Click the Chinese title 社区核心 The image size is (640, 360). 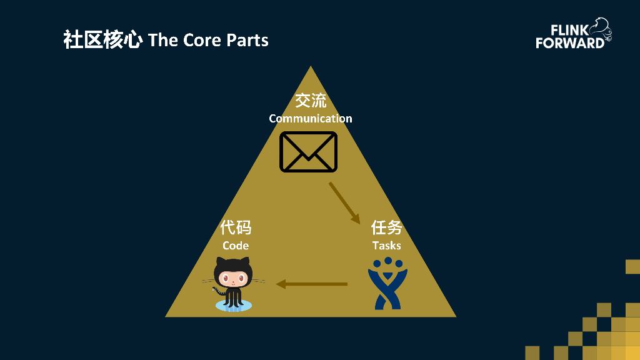(102, 40)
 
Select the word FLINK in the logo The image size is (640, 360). (569, 31)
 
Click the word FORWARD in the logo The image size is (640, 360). (569, 43)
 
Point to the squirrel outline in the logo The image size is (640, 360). (601, 29)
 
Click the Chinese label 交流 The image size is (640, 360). (311, 101)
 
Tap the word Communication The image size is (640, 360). (311, 118)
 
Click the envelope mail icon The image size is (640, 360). (308, 151)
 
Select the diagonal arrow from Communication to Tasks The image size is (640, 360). (344, 202)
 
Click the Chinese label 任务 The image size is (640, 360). (386, 227)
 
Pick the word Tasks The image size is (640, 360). (386, 245)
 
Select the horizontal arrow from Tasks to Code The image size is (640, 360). (311, 284)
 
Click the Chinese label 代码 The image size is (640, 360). (236, 227)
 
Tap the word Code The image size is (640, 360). (236, 245)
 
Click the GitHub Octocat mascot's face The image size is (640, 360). (232, 276)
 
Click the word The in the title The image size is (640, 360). (163, 40)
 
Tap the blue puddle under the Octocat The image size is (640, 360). (233, 305)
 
